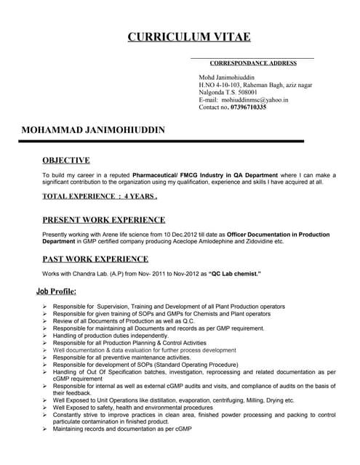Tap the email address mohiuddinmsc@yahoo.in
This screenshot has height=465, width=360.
pyautogui.click(x=255, y=100)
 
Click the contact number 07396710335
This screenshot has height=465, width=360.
pyautogui.click(x=248, y=107)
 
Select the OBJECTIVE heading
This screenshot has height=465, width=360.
pyautogui.click(x=66, y=160)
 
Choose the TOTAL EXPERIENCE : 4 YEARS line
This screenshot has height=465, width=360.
pyautogui.click(x=100, y=196)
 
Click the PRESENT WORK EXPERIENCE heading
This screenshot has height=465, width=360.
pyautogui.click(x=103, y=219)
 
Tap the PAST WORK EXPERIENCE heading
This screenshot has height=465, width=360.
pyautogui.click(x=95, y=258)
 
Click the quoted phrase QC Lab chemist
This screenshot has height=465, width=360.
pyautogui.click(x=236, y=273)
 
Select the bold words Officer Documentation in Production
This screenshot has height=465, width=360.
pyautogui.click(x=278, y=235)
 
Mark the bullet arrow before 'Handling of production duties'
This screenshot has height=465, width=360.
pyautogui.click(x=45, y=336)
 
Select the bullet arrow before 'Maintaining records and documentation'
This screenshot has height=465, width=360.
pyautogui.click(x=45, y=429)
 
